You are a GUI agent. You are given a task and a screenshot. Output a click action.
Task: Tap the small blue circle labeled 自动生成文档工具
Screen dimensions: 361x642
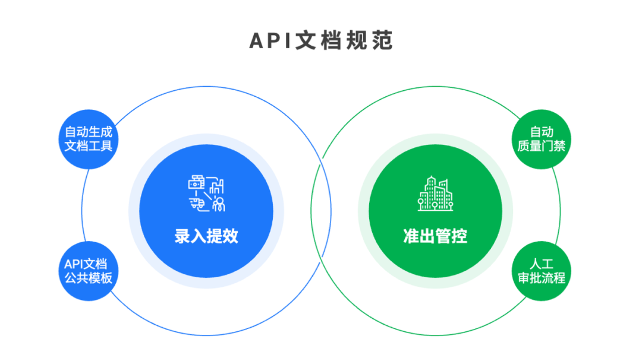88,138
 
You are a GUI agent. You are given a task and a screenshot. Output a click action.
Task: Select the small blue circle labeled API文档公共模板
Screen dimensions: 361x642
88,271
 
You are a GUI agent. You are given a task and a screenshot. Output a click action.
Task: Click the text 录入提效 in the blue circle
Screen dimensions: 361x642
206,236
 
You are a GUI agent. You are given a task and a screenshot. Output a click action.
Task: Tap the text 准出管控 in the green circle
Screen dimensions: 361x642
435,236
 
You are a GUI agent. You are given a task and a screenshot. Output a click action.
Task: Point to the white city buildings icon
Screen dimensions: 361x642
435,194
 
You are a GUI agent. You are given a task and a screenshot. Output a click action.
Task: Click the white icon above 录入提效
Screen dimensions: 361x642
206,194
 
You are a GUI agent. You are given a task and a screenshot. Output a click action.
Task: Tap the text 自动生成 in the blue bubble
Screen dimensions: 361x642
88,131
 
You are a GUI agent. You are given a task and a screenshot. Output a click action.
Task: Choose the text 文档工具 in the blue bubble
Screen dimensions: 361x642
88,145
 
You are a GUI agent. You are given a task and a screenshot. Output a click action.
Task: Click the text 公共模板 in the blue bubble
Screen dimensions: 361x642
88,278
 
